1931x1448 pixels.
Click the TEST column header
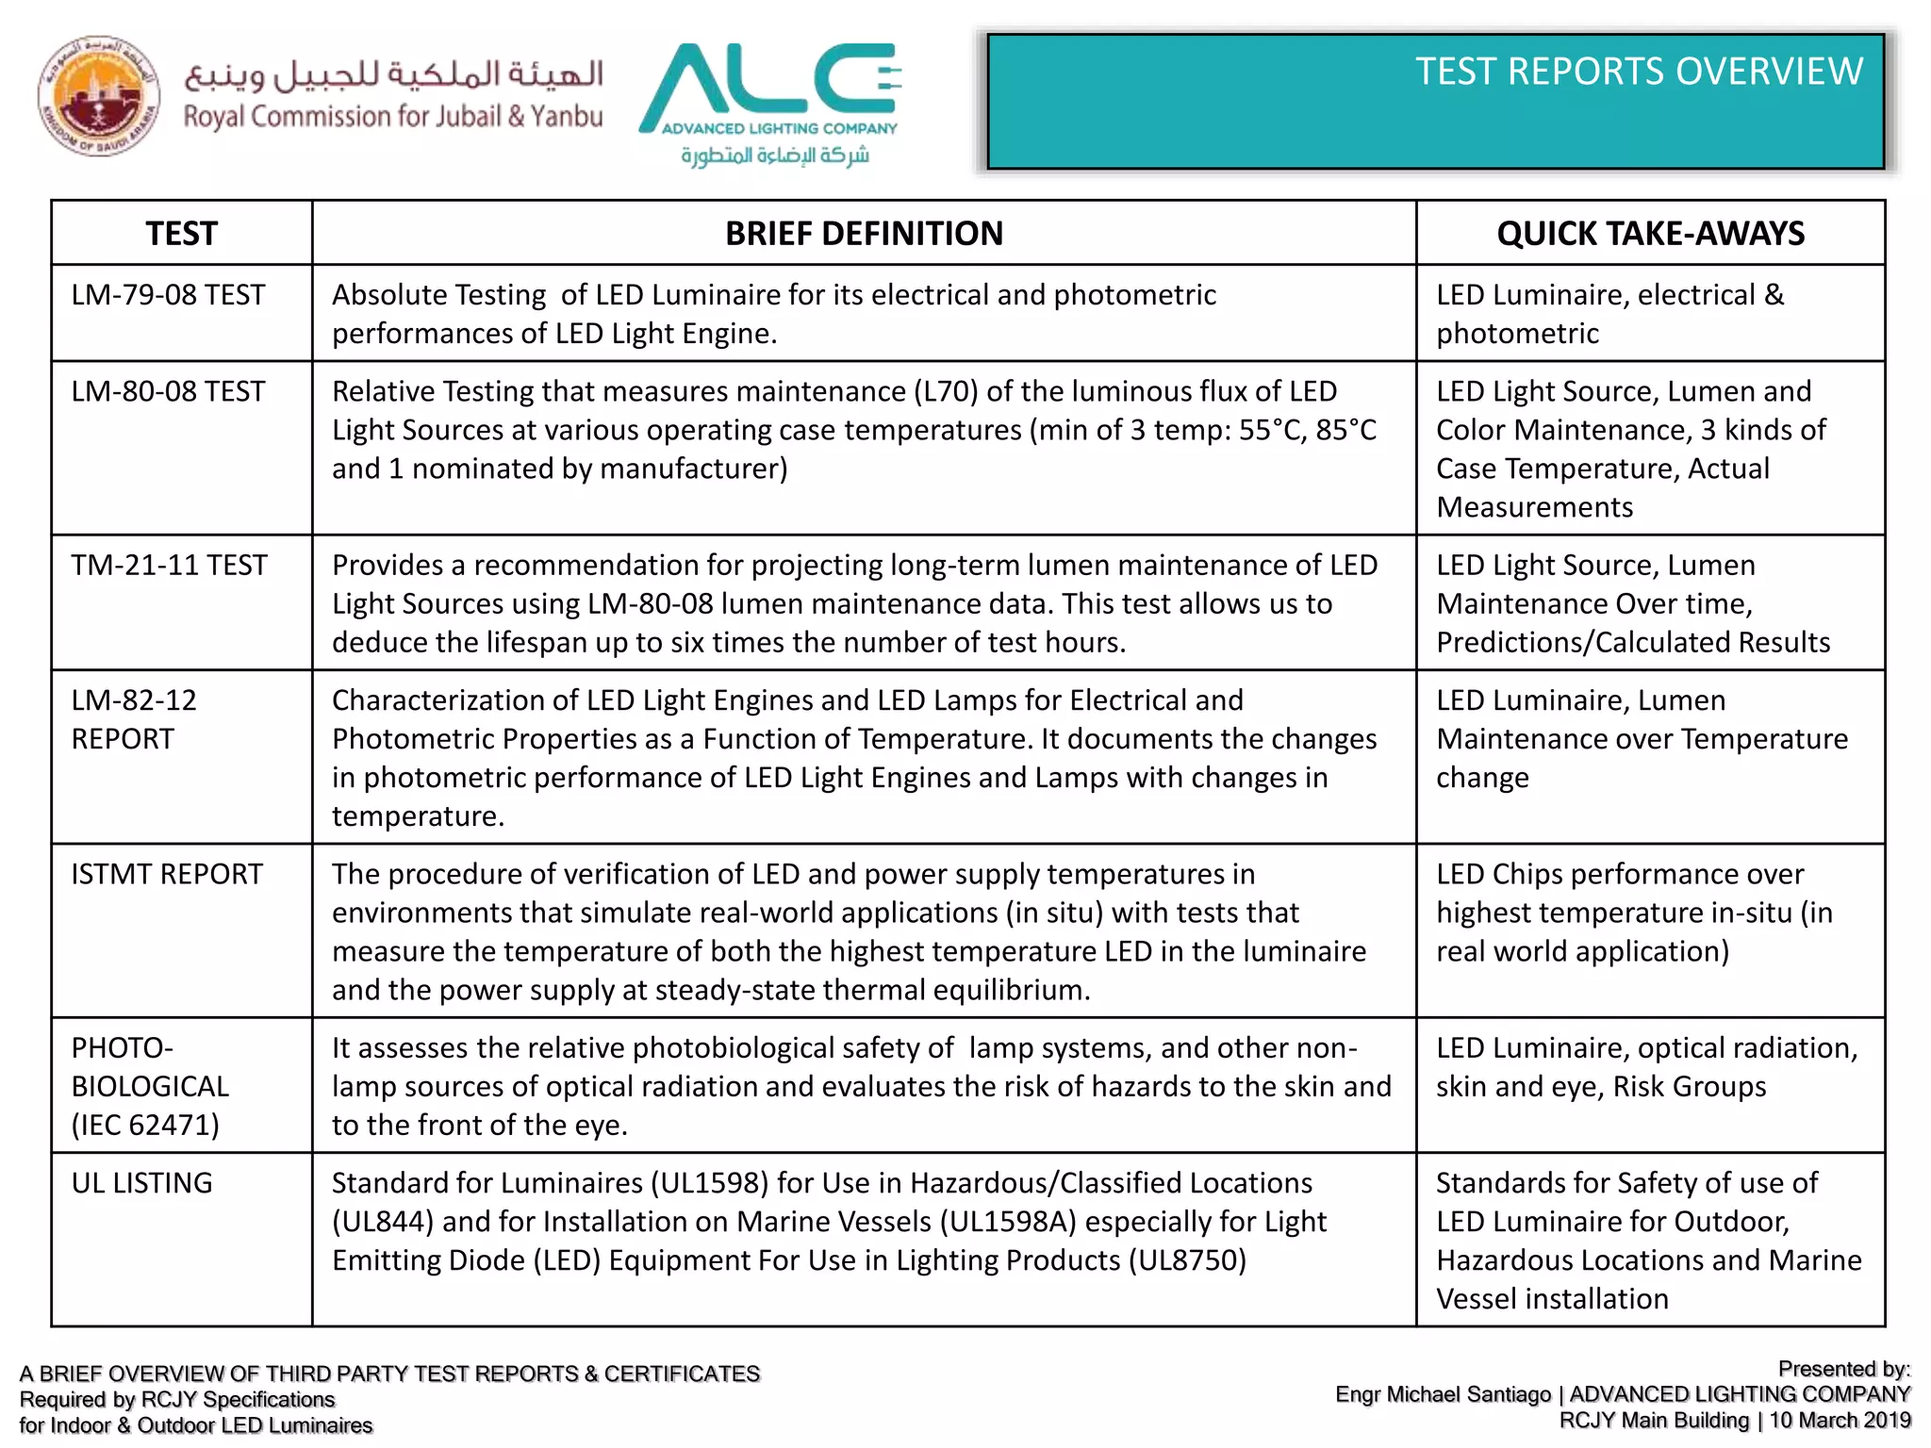[x=181, y=233]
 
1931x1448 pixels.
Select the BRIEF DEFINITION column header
[x=863, y=233]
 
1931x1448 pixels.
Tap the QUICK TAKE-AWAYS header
[x=1650, y=233]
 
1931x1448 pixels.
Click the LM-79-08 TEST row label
[x=168, y=295]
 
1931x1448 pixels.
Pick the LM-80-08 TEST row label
[x=168, y=391]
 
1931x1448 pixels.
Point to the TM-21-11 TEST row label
[x=169, y=565]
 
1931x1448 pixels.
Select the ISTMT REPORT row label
[x=167, y=874]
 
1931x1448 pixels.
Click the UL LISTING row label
[x=141, y=1183]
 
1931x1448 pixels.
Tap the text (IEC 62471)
[x=145, y=1125]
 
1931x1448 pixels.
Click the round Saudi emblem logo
[x=98, y=96]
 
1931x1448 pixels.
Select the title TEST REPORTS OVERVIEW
[x=1639, y=72]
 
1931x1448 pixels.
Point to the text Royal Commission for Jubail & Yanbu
[x=392, y=117]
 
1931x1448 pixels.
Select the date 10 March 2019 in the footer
[x=1840, y=1420]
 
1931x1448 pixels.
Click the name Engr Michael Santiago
[x=1443, y=1394]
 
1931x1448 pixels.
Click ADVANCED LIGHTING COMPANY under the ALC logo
[x=779, y=128]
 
